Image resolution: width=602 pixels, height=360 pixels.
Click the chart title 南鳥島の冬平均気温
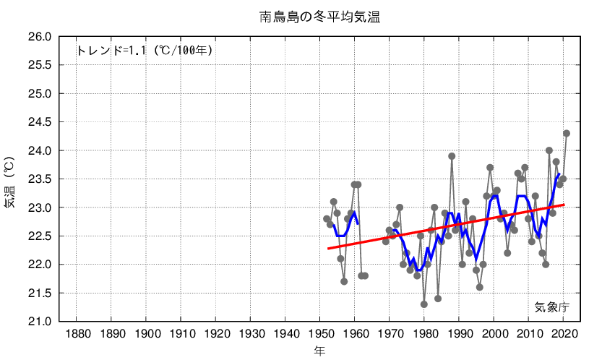pos(319,17)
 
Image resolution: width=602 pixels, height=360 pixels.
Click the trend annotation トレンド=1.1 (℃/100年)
pos(145,51)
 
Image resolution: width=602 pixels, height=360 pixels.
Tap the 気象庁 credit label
pos(551,307)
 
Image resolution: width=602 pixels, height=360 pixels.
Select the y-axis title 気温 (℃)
pos(9,181)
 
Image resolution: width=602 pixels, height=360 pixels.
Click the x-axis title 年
pos(319,351)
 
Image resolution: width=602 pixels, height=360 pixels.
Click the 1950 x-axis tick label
pos(319,334)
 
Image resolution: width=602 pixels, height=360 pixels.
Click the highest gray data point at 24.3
pos(567,133)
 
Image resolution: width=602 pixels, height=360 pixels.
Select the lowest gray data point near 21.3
pos(424,304)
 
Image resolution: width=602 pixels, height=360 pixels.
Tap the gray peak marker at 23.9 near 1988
pos(452,156)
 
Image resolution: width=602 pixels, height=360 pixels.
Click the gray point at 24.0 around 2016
pos(549,150)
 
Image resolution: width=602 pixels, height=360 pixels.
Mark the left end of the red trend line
pos(328,249)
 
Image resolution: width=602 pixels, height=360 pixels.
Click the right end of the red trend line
pos(564,205)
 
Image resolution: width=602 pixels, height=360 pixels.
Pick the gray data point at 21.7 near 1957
pos(344,281)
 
